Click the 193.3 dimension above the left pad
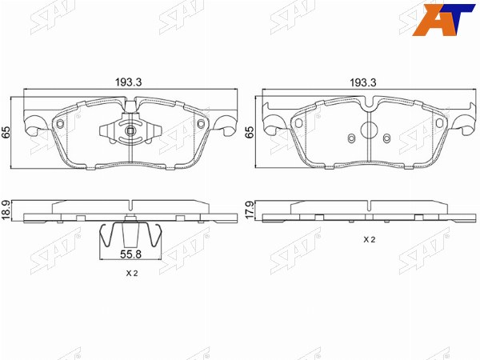(x=128, y=82)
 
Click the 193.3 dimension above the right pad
(x=363, y=82)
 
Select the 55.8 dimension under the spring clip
(x=130, y=254)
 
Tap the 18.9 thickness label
(x=6, y=210)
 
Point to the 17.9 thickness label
(x=249, y=210)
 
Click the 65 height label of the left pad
(x=6, y=132)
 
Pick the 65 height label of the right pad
(x=250, y=132)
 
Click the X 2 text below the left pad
(x=132, y=274)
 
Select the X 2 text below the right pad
(x=369, y=240)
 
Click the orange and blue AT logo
(x=442, y=20)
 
